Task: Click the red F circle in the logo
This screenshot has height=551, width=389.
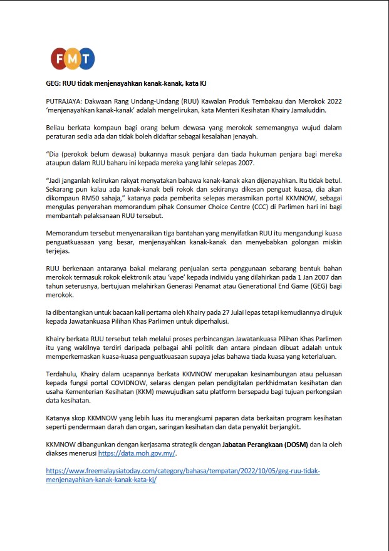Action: tap(60, 58)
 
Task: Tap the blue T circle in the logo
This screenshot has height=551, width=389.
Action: tap(86, 58)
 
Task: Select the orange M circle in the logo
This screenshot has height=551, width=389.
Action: tap(73, 58)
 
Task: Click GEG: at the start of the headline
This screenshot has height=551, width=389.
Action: tap(54, 83)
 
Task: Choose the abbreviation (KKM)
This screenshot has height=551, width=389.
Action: tap(147, 391)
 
